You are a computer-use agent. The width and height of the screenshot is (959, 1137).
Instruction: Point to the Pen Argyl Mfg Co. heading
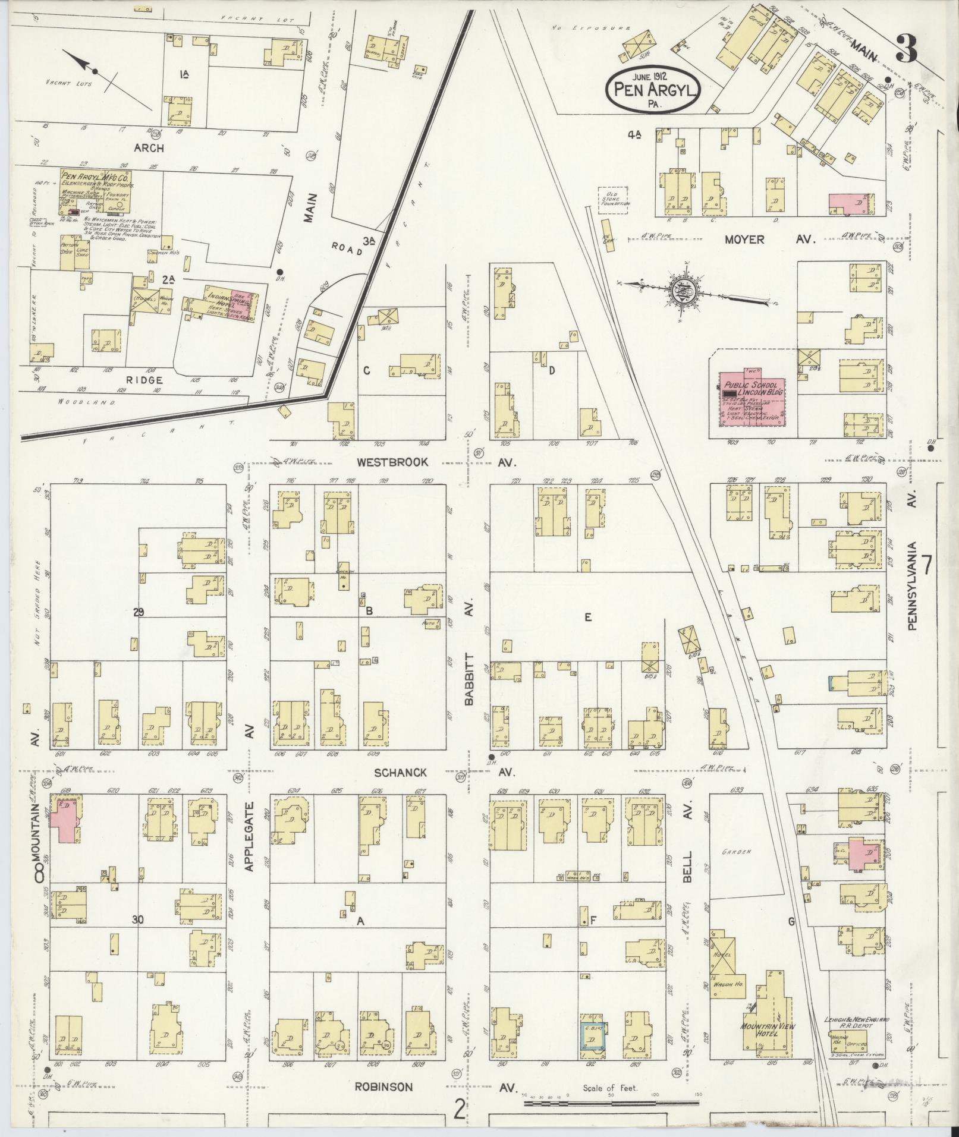(x=95, y=177)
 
